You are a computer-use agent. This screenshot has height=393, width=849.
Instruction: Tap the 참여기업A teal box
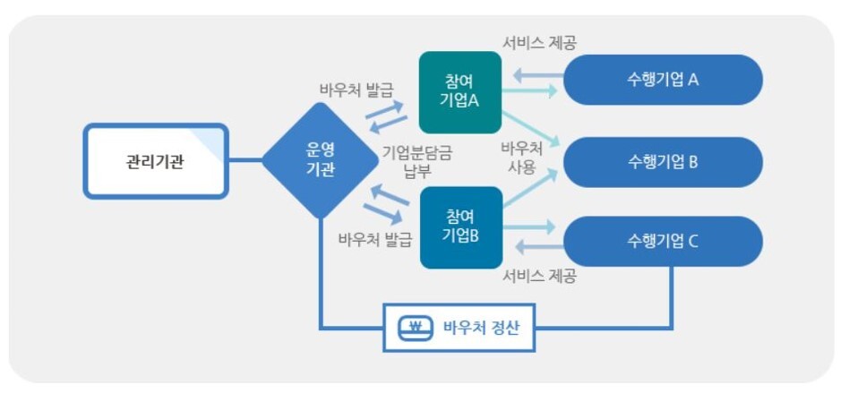(x=459, y=92)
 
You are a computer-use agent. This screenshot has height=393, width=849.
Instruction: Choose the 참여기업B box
(x=460, y=227)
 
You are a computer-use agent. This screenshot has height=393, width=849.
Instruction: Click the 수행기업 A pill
(x=662, y=80)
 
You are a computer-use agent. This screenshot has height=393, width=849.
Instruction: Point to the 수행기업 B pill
(x=662, y=162)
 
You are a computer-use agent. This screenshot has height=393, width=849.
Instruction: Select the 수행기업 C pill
(x=662, y=241)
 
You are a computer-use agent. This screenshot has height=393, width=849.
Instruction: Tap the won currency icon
(x=415, y=327)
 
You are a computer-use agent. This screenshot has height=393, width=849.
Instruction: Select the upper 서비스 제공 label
(x=538, y=42)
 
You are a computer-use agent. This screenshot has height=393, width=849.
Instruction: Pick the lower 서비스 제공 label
(x=538, y=275)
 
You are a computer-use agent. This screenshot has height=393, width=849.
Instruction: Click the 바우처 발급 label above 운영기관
(x=356, y=90)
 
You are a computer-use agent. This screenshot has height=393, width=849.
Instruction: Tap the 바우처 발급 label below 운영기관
(x=374, y=239)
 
